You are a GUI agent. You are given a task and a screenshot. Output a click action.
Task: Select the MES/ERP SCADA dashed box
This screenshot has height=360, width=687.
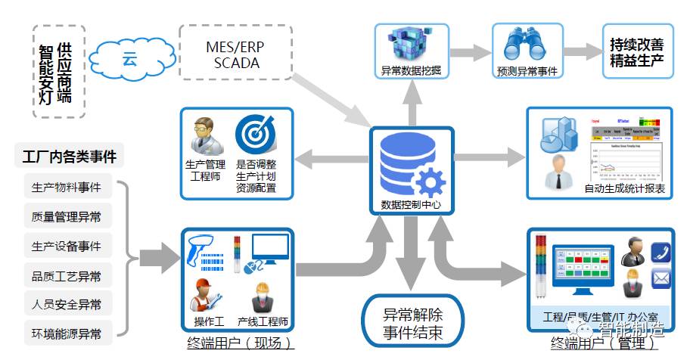click(x=235, y=54)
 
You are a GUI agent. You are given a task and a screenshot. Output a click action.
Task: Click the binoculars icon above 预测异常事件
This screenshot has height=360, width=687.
click(x=527, y=43)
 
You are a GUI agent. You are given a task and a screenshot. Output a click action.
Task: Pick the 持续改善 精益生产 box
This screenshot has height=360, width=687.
click(x=636, y=51)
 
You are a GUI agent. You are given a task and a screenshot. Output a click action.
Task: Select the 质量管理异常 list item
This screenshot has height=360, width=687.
click(x=67, y=217)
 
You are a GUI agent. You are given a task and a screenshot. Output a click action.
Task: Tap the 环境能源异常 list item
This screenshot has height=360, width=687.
click(x=67, y=334)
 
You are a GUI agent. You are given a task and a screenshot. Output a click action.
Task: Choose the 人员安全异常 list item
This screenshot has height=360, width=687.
click(x=67, y=305)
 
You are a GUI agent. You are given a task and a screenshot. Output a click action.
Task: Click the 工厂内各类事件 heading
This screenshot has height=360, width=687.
click(x=69, y=157)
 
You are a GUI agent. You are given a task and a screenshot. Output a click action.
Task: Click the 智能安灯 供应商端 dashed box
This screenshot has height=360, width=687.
click(x=60, y=72)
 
